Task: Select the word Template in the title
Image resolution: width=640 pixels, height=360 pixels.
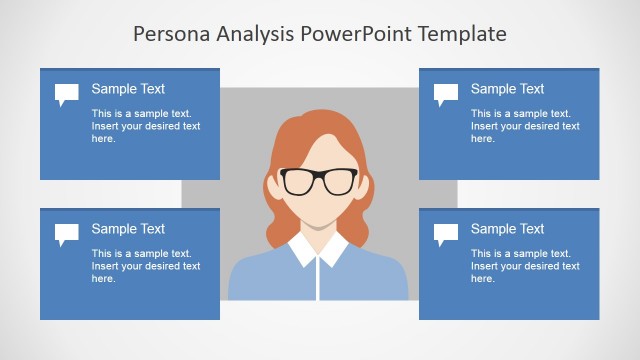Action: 464,35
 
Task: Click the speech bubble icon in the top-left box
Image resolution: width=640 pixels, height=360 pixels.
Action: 67,95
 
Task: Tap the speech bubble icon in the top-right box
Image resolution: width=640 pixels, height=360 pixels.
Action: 446,95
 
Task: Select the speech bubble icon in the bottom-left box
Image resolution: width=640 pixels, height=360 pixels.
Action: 67,235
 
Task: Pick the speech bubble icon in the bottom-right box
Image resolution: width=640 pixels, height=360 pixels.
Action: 446,235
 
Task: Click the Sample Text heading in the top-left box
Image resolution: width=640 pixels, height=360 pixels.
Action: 128,89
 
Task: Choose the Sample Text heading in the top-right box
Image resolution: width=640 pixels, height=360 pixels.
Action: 507,89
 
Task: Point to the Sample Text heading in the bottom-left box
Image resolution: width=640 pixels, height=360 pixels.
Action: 128,229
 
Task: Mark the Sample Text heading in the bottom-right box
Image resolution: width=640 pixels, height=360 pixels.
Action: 507,229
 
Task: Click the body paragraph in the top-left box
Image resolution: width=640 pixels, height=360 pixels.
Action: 146,126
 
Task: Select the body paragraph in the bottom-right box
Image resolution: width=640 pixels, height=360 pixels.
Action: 525,266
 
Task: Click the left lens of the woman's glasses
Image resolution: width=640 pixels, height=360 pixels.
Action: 299,182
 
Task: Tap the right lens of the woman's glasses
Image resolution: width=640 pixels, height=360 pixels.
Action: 340,182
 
